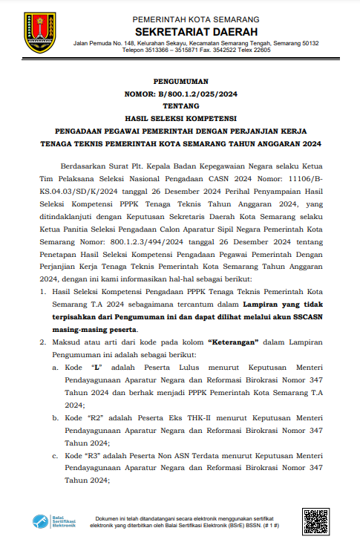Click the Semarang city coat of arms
(39, 33)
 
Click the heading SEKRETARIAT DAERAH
(196, 31)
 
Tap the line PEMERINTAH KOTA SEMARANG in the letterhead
(196, 18)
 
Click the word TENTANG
(182, 105)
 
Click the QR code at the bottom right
(315, 522)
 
